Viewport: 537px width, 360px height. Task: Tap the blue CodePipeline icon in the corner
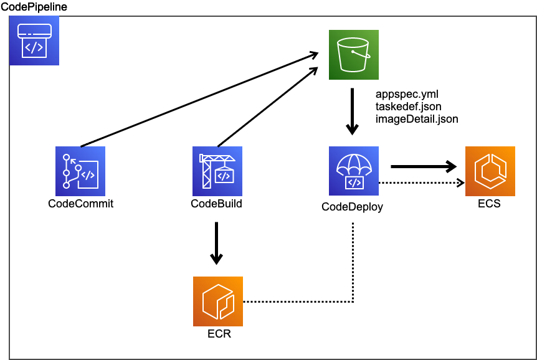coord(34,40)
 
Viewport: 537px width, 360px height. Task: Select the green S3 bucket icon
coord(354,55)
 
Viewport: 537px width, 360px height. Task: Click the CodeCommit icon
coord(80,171)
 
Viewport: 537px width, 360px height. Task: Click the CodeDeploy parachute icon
coord(354,171)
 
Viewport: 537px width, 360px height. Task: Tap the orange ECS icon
coord(490,171)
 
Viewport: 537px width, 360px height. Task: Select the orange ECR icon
coord(217,302)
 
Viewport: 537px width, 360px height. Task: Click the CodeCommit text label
coord(80,204)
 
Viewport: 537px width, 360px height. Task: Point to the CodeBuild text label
coord(216,204)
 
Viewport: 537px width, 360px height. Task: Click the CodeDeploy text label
coord(352,207)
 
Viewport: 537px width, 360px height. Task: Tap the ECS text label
coord(489,204)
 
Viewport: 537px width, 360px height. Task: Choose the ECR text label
coord(219,334)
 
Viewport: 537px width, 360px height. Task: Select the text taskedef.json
coord(408,107)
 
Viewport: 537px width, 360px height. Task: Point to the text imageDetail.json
coord(417,118)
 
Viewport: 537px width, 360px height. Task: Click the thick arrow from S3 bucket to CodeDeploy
coord(353,112)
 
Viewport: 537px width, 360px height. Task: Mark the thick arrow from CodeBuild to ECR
coord(216,243)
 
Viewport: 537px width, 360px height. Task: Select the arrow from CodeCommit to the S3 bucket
coord(199,100)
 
